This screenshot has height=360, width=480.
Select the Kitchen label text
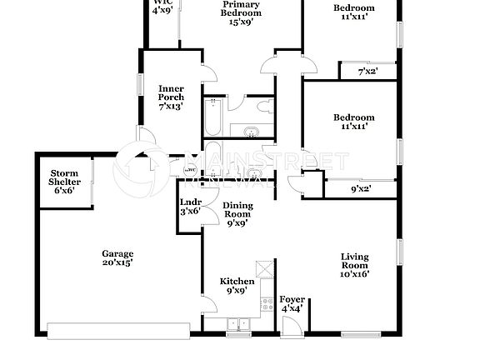[x=237, y=282]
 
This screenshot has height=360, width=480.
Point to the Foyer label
[x=291, y=299]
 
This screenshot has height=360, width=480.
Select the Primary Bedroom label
[x=242, y=8]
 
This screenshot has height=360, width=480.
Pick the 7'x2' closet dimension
[x=367, y=72]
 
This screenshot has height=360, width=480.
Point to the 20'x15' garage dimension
[x=117, y=262]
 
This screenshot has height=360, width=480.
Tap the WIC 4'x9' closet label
[x=162, y=6]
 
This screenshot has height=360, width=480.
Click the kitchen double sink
[x=237, y=324]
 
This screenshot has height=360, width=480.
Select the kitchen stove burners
[x=267, y=303]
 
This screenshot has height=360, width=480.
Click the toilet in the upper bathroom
[x=264, y=106]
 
